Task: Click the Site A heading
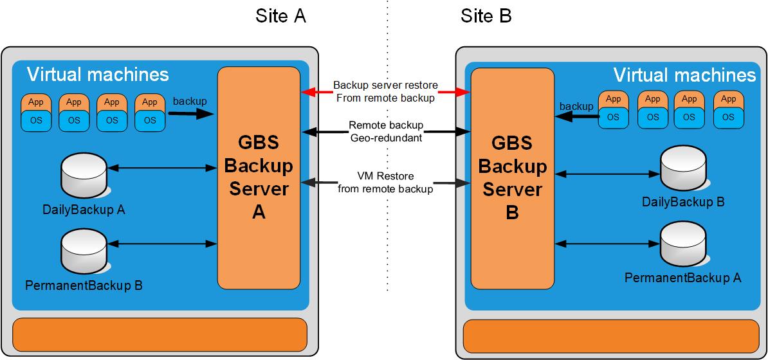point(280,16)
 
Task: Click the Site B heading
point(486,16)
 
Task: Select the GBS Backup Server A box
point(259,178)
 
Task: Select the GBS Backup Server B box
point(512,178)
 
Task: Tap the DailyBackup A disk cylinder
point(83,175)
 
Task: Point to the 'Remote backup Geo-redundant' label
point(386,131)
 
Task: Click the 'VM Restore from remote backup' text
point(386,183)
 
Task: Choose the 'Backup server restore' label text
point(386,85)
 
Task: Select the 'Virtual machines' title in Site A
point(98,75)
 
